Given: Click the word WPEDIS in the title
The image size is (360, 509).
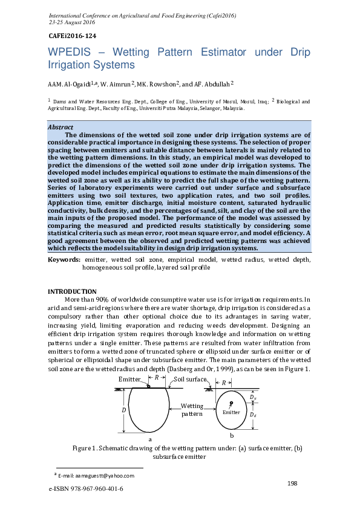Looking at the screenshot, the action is (x=69, y=53).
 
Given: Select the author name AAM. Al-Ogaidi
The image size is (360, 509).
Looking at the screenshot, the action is (x=67, y=83).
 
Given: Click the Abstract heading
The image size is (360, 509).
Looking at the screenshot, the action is (x=61, y=127).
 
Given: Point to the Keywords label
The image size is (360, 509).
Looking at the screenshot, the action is (x=64, y=259).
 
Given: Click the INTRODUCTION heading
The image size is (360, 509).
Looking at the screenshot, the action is (x=72, y=291).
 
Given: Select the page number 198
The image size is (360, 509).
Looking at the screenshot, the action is (x=292, y=482).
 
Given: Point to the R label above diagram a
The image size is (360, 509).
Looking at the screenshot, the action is (x=157, y=377).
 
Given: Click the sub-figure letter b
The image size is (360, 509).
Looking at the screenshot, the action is (x=232, y=435).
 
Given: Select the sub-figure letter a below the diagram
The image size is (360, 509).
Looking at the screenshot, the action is (x=150, y=439).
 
